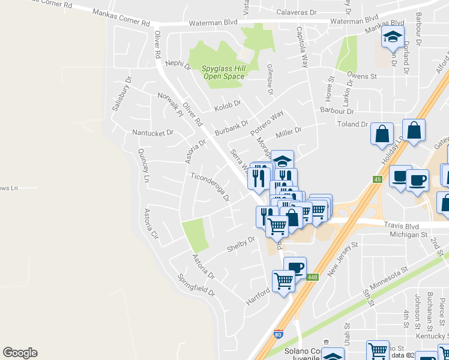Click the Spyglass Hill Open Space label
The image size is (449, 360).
pyautogui.click(x=224, y=73)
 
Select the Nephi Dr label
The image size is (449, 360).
pyautogui.click(x=178, y=64)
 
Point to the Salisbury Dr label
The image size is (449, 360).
pyautogui.click(x=121, y=94)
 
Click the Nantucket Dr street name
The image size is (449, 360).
pyautogui.click(x=152, y=132)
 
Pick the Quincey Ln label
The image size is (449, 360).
pyautogui.click(x=143, y=166)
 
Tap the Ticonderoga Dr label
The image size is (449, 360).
pyautogui.click(x=210, y=187)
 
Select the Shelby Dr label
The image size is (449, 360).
pyautogui.click(x=241, y=244)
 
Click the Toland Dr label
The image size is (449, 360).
pyautogui.click(x=352, y=124)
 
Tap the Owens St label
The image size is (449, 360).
pyautogui.click(x=362, y=76)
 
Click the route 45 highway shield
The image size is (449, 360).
pyautogui.click(x=378, y=179)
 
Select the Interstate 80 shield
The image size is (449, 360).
pyautogui.click(x=279, y=334)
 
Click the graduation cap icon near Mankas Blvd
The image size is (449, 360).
pyautogui.click(x=393, y=38)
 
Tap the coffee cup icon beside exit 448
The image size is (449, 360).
pyautogui.click(x=295, y=268)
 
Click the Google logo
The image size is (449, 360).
pyautogui.click(x=20, y=353)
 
